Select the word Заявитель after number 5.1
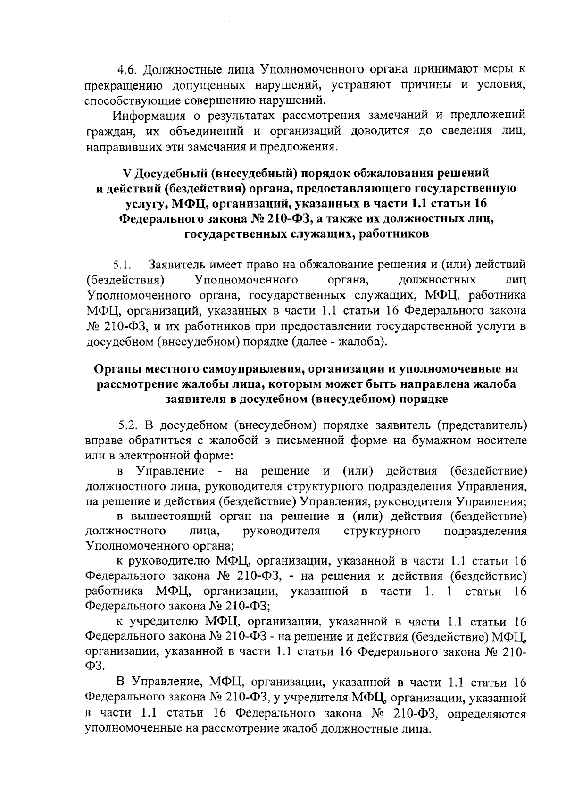179,265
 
